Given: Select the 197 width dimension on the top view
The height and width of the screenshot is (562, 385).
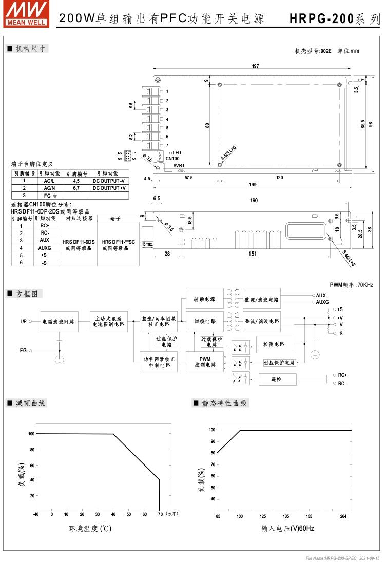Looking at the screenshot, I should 255,66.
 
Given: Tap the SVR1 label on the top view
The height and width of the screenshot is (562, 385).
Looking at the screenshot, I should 179,165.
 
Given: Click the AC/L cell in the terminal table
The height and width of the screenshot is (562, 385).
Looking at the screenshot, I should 48,181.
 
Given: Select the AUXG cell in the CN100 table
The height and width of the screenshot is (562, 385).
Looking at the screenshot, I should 45,247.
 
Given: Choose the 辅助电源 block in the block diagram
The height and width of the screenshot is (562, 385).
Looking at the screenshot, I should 205,299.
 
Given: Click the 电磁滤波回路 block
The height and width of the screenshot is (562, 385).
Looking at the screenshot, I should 59,322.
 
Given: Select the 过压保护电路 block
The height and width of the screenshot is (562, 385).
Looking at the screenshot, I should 279,363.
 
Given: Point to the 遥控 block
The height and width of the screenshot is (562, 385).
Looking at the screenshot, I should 277,379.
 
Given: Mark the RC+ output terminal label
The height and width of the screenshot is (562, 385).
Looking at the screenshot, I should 342,375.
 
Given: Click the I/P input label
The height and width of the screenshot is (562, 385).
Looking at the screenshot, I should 24,322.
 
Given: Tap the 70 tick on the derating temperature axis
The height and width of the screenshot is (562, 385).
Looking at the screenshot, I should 160,514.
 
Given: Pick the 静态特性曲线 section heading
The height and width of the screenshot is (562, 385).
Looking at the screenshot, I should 224,403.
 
